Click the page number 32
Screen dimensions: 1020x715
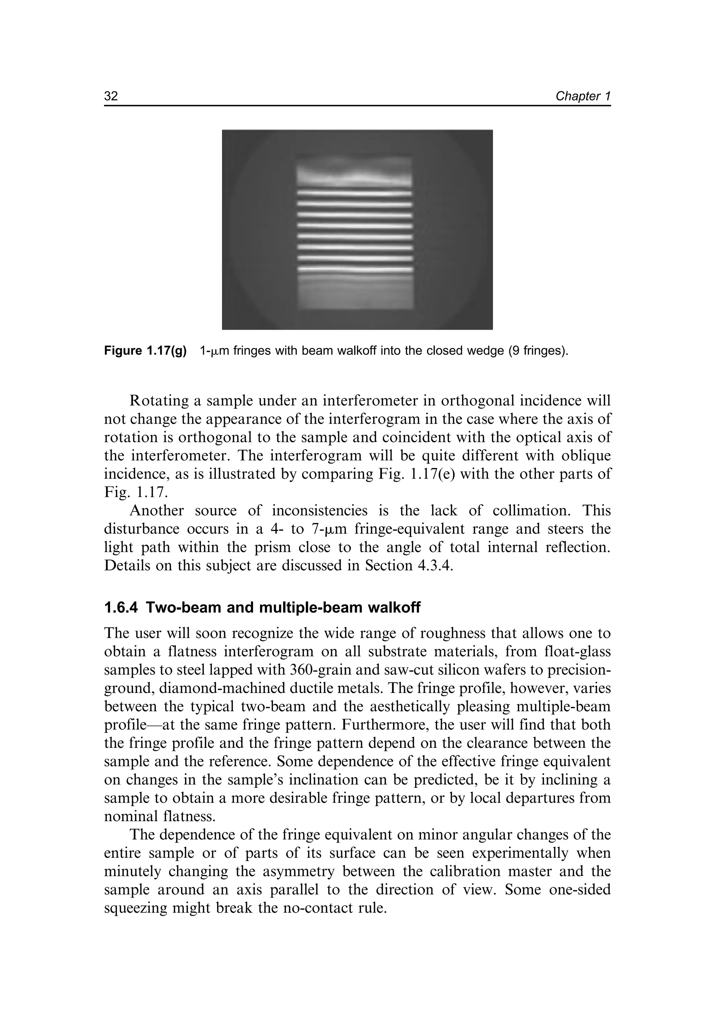[111, 96]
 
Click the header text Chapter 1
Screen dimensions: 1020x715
[583, 96]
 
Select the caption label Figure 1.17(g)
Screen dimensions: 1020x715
[145, 351]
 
